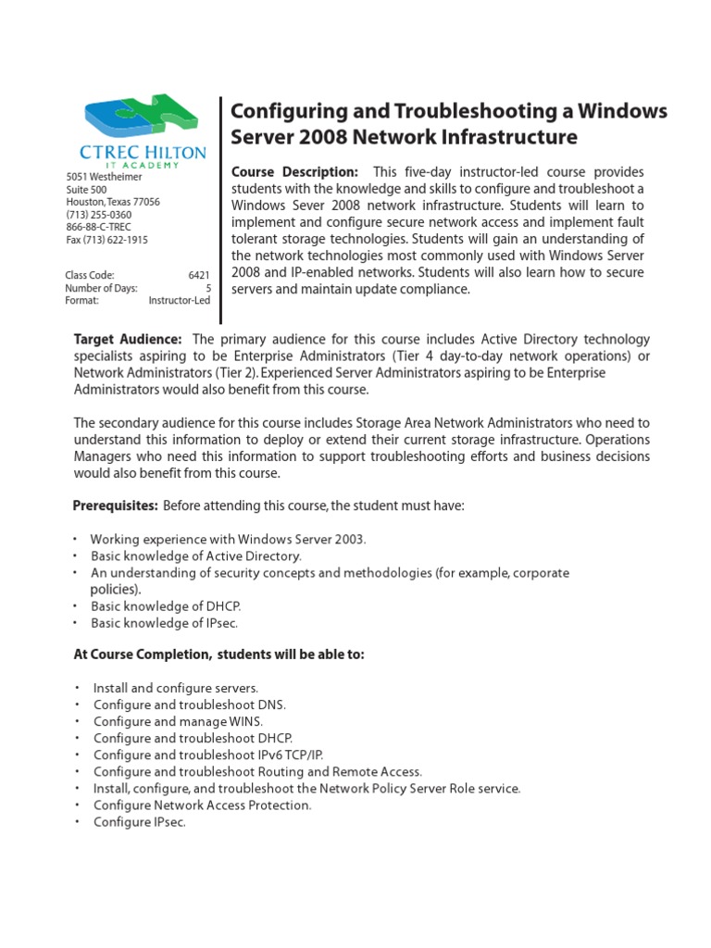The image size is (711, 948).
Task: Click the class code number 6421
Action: (199, 275)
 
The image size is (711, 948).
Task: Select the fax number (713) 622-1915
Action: (106, 240)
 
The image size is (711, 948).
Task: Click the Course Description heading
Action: (294, 172)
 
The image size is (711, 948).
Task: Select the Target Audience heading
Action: (128, 340)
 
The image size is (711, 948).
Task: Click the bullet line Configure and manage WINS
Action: (178, 721)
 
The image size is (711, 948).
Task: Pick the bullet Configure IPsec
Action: (140, 821)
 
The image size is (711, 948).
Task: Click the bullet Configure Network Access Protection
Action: (202, 805)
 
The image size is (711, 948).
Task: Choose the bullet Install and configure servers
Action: (176, 688)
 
